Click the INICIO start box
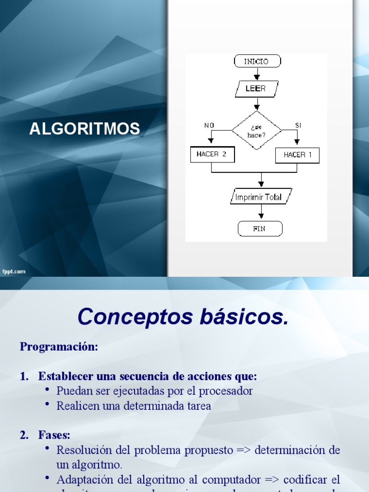tap(257, 61)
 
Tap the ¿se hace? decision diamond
tap(256, 131)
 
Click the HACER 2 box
tap(211, 154)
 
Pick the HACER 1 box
tap(297, 155)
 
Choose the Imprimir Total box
tap(261, 197)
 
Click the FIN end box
tap(259, 229)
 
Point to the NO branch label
tap(209, 125)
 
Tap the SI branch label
tap(298, 125)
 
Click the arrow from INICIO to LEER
tap(257, 74)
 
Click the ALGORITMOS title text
tap(85, 129)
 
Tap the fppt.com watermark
tap(14, 272)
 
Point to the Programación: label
tap(59, 347)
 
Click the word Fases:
tap(54, 435)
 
